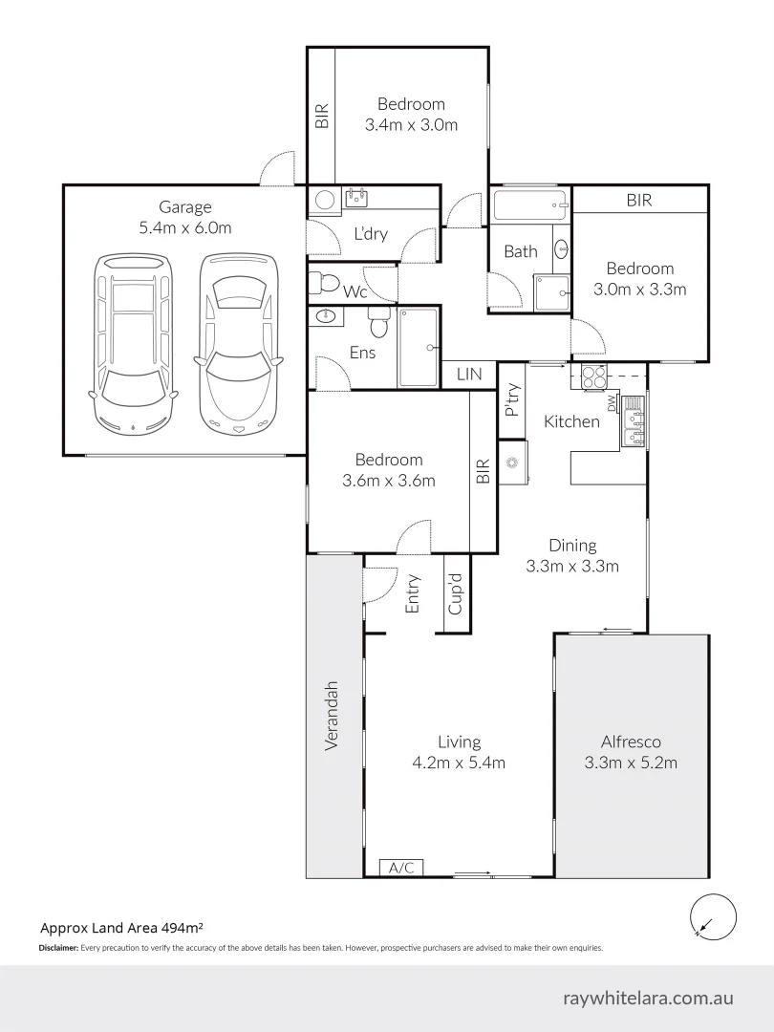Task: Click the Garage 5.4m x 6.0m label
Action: (x=184, y=217)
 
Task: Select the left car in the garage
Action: (x=132, y=340)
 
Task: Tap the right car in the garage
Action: (x=238, y=340)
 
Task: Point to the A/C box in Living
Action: (x=401, y=868)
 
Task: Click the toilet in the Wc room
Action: (x=327, y=282)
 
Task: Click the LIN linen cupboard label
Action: (x=469, y=375)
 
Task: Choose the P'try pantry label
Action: (x=511, y=399)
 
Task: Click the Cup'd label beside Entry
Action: (x=456, y=593)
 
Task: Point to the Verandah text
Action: (x=333, y=715)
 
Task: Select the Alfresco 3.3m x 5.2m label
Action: (x=631, y=751)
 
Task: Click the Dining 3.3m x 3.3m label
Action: (x=572, y=555)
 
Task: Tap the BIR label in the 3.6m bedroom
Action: (x=483, y=470)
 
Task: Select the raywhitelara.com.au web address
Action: (x=648, y=998)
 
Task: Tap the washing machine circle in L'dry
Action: (x=324, y=200)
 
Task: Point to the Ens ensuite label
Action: (x=362, y=353)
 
